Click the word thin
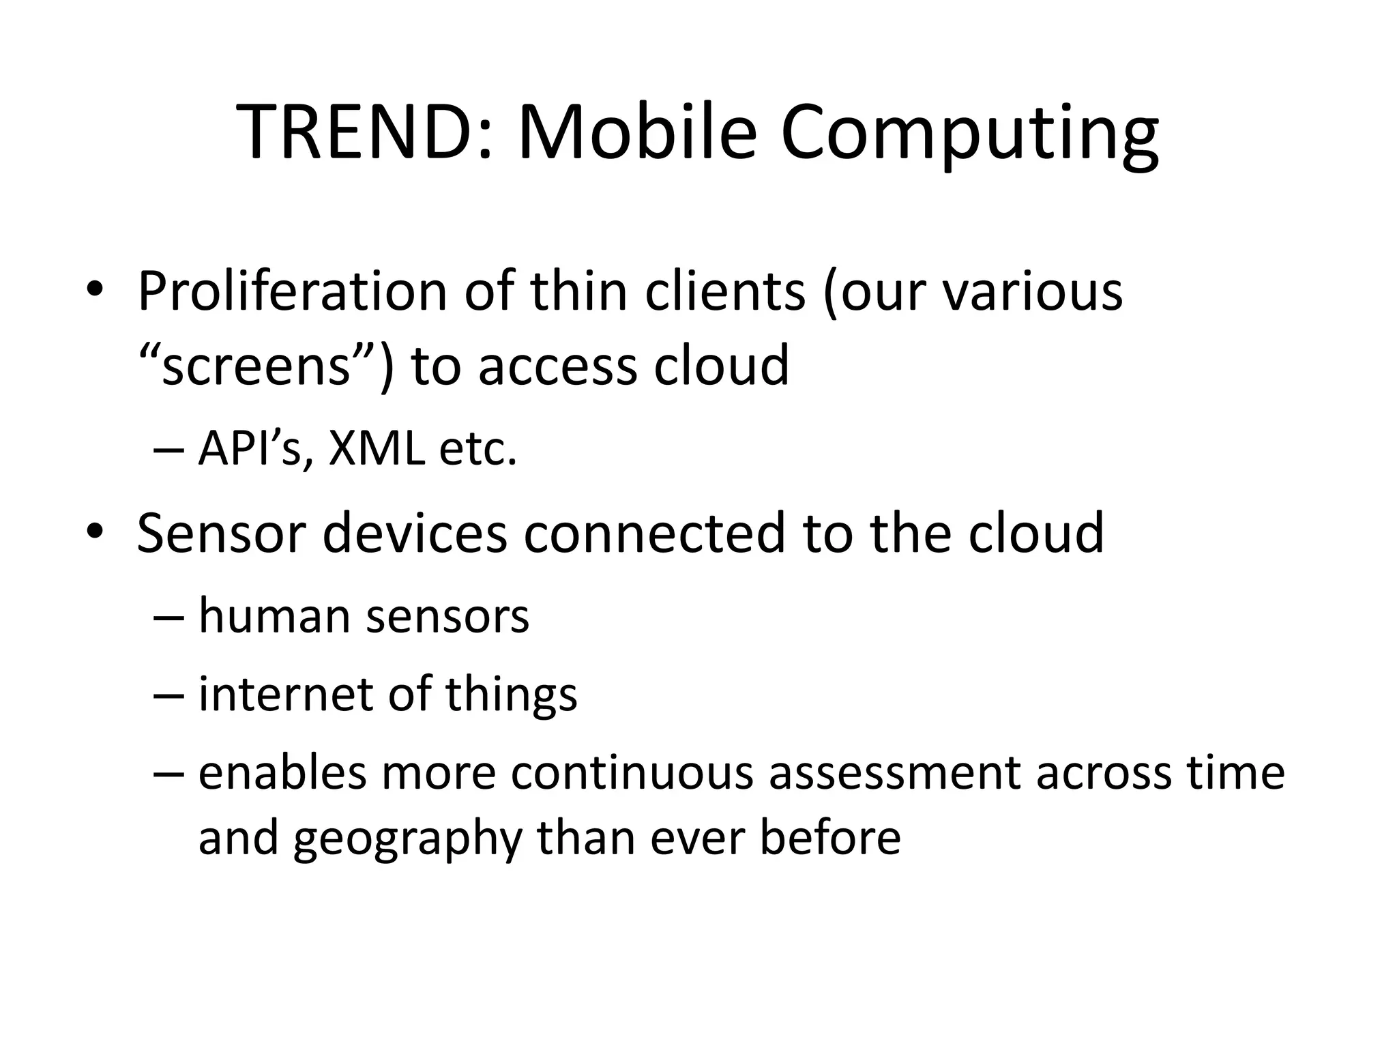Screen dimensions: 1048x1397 [578, 292]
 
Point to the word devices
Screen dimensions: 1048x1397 [415, 533]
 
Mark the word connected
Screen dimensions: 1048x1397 [655, 533]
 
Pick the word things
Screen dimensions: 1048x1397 [512, 694]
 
